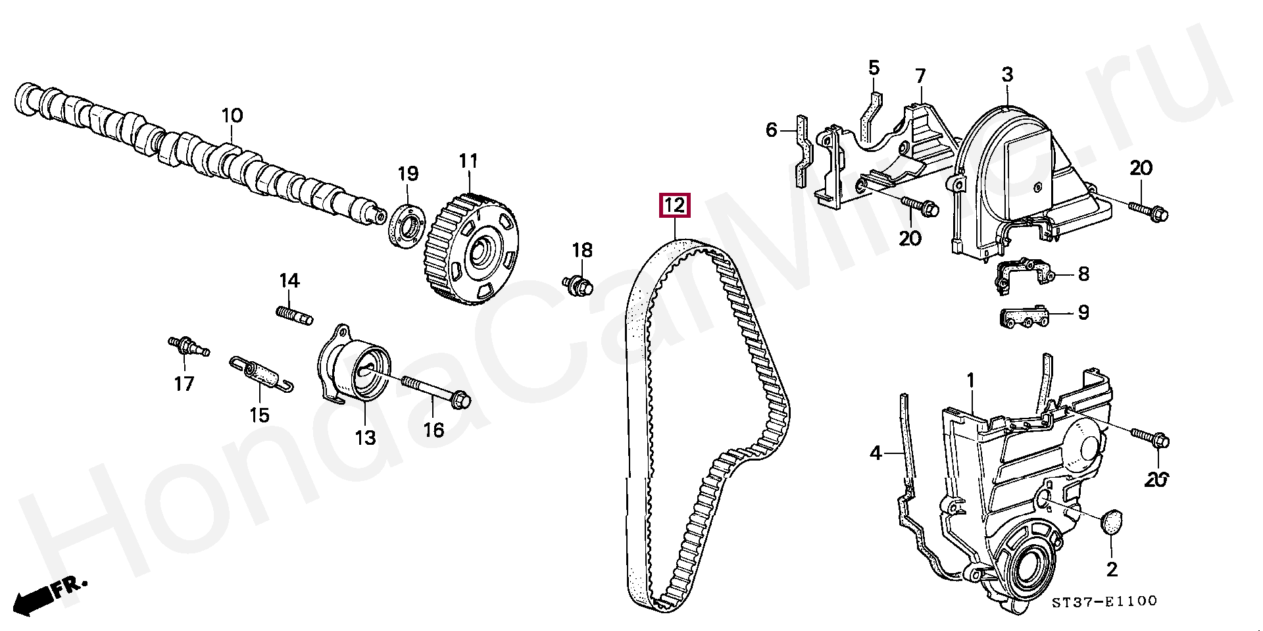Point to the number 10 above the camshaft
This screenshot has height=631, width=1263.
pyautogui.click(x=232, y=116)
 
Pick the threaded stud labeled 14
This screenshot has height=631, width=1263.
pyautogui.click(x=293, y=314)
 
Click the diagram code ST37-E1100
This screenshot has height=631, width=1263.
pyautogui.click(x=1103, y=601)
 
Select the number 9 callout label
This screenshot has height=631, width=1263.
pyautogui.click(x=1083, y=312)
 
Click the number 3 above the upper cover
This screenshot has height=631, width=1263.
pyautogui.click(x=1008, y=74)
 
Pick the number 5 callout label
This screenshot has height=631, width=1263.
pyautogui.click(x=874, y=68)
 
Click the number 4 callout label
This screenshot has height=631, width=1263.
pyautogui.click(x=876, y=453)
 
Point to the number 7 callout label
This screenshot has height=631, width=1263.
pyautogui.click(x=920, y=77)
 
